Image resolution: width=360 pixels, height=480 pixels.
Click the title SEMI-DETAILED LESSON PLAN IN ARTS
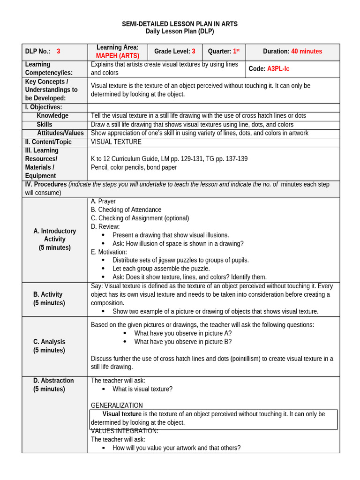[180, 24]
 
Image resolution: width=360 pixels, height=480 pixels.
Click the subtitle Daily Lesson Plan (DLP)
[180, 31]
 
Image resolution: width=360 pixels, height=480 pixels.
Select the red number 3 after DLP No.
[59, 52]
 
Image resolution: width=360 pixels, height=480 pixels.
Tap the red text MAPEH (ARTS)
[118, 56]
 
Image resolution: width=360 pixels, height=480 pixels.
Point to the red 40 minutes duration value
[307, 52]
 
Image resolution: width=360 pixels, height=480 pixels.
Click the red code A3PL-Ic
[278, 69]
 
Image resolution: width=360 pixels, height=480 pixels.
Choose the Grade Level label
[172, 52]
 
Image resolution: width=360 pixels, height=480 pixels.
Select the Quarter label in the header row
[219, 52]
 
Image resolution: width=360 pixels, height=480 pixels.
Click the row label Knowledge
[52, 116]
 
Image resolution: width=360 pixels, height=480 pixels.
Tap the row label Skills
[45, 125]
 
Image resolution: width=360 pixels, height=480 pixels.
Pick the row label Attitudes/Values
[60, 133]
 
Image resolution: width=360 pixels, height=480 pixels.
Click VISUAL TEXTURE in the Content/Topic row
[116, 142]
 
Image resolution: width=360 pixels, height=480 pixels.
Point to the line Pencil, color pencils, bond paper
[134, 167]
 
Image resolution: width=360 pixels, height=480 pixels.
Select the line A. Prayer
[103, 202]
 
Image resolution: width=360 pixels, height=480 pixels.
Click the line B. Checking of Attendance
[126, 210]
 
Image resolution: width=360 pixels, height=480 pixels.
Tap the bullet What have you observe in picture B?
[183, 342]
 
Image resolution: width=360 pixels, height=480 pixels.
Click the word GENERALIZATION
[117, 405]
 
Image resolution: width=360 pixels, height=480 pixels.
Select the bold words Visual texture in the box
[122, 414]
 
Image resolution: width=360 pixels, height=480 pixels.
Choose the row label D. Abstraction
[53, 381]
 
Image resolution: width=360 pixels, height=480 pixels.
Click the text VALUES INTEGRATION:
[124, 431]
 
